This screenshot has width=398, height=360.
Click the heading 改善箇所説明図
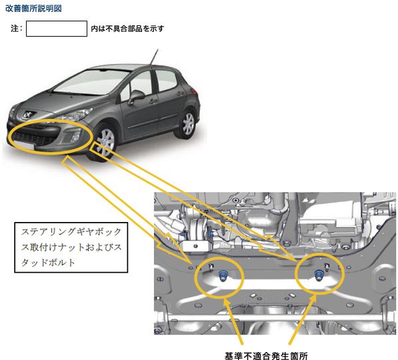(x=33, y=9)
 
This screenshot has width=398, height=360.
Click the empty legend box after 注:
(x=57, y=29)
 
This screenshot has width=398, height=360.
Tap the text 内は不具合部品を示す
(x=127, y=29)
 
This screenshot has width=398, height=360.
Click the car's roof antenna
(x=154, y=57)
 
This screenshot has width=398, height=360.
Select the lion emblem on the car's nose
(x=27, y=115)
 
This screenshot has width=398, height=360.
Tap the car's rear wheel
(x=188, y=123)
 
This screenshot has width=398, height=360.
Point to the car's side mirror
(x=136, y=97)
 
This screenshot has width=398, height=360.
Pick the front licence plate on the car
(x=24, y=145)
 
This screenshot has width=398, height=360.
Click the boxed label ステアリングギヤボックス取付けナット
(x=71, y=247)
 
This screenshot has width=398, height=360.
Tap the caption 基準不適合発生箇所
(x=266, y=355)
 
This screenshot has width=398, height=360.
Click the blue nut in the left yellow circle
(x=223, y=276)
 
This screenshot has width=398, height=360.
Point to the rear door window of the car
(x=165, y=80)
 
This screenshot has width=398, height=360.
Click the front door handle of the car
(x=153, y=101)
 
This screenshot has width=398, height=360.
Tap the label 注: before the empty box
(x=17, y=29)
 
